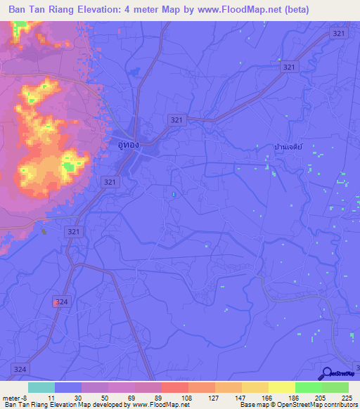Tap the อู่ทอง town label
click(128, 144)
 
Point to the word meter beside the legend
click(11, 397)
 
